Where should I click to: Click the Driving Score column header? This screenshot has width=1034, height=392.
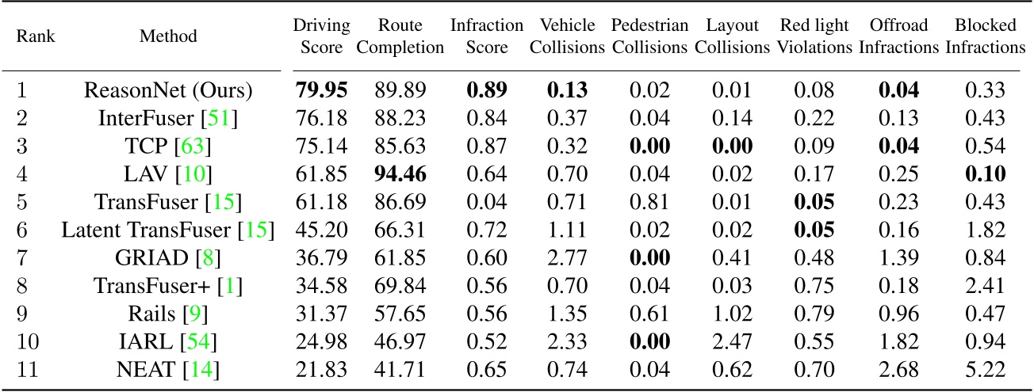tap(321, 36)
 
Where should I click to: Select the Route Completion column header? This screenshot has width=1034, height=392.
tap(400, 36)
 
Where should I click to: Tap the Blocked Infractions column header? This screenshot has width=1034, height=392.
tap(985, 36)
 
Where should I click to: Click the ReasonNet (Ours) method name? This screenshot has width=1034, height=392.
tap(168, 90)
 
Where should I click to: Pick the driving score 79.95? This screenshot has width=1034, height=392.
tap(322, 90)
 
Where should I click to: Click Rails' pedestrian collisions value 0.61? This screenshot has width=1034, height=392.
tap(649, 315)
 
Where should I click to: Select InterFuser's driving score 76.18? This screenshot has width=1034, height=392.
tap(321, 119)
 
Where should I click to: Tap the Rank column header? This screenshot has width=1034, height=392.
tap(36, 36)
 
